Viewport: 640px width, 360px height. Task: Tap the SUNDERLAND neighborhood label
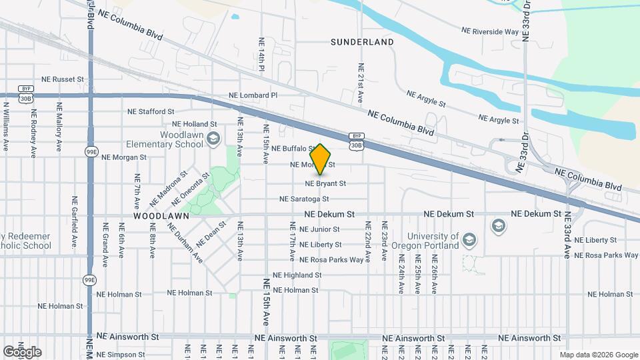tap(362, 42)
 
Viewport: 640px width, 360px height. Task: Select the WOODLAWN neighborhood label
tap(161, 216)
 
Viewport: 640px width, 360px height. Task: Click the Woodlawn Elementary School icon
tap(214, 139)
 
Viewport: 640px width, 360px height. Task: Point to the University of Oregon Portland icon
tap(497, 226)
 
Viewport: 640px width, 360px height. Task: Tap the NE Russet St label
tap(63, 79)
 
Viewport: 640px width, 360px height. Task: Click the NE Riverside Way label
tap(490, 31)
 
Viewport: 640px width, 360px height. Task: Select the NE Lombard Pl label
tap(253, 95)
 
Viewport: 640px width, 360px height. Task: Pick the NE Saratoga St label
tap(304, 199)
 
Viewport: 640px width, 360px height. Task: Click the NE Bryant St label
tap(325, 183)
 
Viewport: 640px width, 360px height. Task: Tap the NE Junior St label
tap(315, 229)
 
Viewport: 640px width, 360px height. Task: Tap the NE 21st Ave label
tap(361, 82)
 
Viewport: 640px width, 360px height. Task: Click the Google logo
tap(22, 351)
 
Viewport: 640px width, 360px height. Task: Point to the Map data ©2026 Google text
tap(598, 355)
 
